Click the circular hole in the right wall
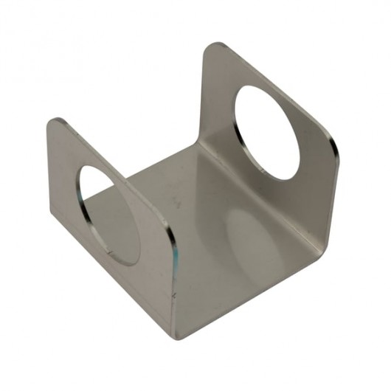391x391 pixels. pyautogui.click(x=267, y=133)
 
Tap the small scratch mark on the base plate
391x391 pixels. pyautogui.click(x=176, y=201)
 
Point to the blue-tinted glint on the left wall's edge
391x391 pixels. pyautogui.click(x=175, y=255)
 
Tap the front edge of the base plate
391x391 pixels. pyautogui.click(x=251, y=295)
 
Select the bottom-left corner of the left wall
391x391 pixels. pyautogui.click(x=53, y=221)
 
